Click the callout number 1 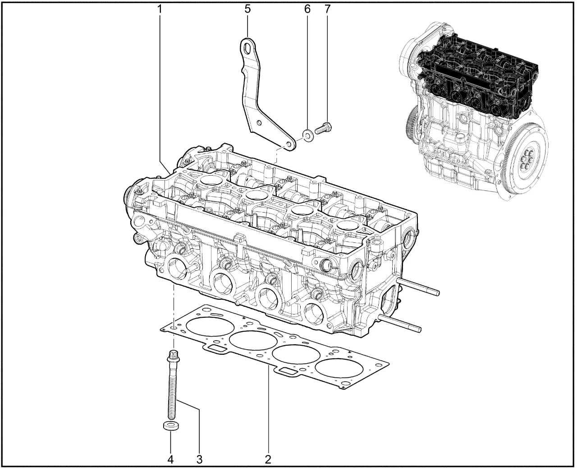[x=160, y=9]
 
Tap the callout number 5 [x=247, y=9]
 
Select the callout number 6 [x=307, y=9]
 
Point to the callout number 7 [x=328, y=9]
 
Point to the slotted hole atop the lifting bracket [x=247, y=49]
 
